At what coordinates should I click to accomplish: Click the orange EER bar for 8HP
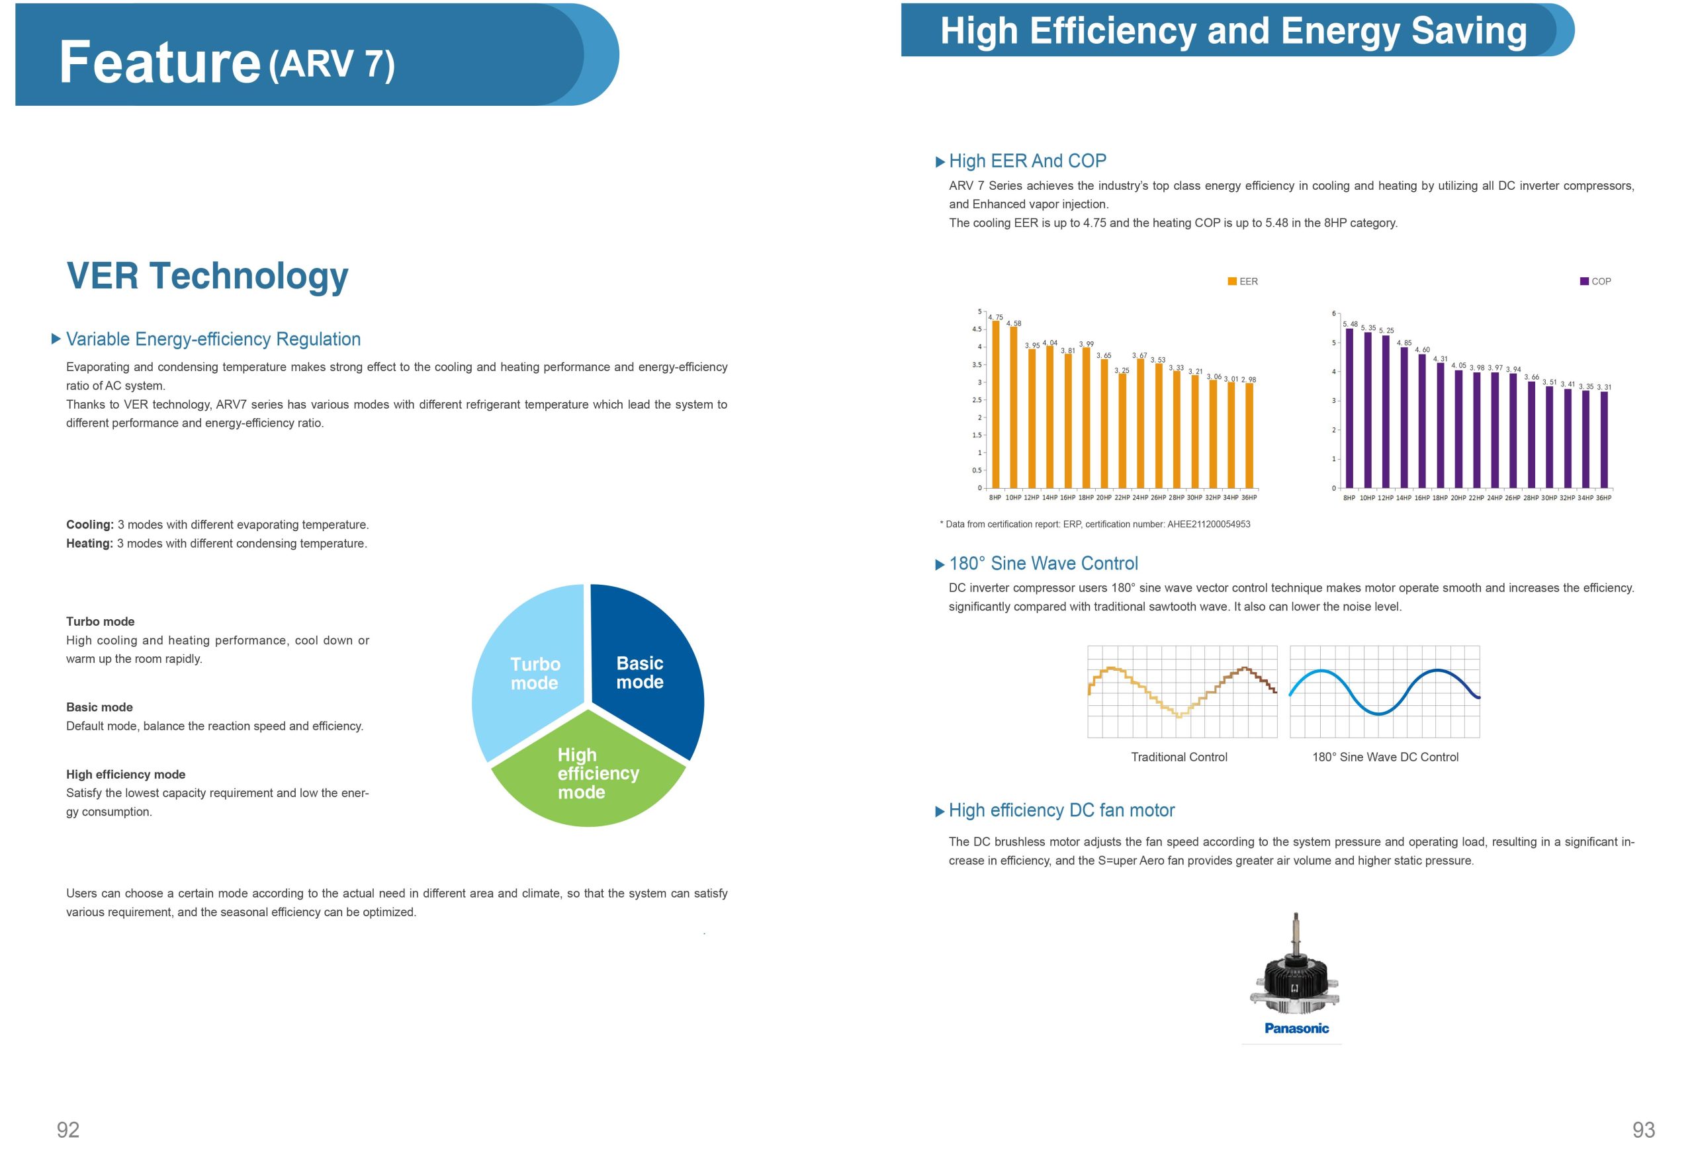[996, 408]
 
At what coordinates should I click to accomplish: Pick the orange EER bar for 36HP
[1249, 437]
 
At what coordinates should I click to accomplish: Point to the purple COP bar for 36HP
[1603, 441]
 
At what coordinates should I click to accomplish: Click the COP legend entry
[1595, 281]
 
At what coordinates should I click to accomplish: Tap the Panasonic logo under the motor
[1296, 1028]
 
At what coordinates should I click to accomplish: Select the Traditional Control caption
[1179, 757]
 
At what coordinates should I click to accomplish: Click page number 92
[67, 1129]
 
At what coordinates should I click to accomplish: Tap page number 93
[1643, 1129]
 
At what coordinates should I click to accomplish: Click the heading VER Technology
[208, 276]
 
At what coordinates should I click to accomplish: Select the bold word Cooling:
[89, 525]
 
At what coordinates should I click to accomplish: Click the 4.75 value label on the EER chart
[996, 318]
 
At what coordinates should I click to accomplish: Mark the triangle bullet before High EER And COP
[940, 162]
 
